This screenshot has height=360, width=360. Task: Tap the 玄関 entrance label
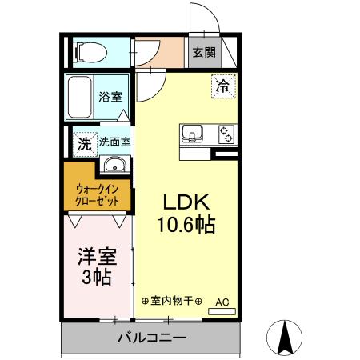[204, 54]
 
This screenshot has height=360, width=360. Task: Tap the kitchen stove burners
[224, 134]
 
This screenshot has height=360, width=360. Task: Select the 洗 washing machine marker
[84, 144]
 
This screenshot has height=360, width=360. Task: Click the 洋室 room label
[96, 258]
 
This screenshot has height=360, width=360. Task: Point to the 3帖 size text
[95, 278]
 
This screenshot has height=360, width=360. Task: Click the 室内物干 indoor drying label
[172, 302]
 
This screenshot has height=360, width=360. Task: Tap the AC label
[222, 302]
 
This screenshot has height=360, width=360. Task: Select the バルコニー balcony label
[152, 338]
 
